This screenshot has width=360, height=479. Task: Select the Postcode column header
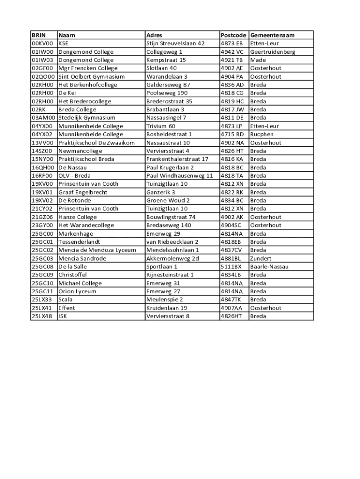pos(233,35)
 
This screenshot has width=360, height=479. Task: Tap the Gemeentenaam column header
pos(272,35)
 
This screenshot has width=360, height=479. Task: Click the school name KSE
pos(63,44)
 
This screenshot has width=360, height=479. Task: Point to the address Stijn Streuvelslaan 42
pos(175,44)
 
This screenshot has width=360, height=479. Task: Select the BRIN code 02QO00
pos(43,77)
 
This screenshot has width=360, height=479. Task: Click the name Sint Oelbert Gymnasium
pos(91,77)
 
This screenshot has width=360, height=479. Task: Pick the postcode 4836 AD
pos(232,85)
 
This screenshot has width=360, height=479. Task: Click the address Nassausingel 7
pos(166,118)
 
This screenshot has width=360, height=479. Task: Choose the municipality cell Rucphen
pos(262,134)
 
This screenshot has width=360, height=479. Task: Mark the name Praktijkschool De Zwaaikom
pos(96,143)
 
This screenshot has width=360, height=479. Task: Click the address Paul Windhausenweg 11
pos(180,175)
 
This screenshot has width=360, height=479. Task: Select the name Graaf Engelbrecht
pos(83,192)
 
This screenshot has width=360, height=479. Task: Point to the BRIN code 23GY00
pos(43,225)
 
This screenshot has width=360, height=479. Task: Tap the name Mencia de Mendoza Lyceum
pos(97,250)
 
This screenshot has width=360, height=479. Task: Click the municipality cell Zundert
pos(260,258)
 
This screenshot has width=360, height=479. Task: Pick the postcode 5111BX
pos(231,267)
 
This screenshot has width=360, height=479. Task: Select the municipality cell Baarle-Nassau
pos(269,267)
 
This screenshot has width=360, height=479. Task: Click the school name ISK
pos(63,316)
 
